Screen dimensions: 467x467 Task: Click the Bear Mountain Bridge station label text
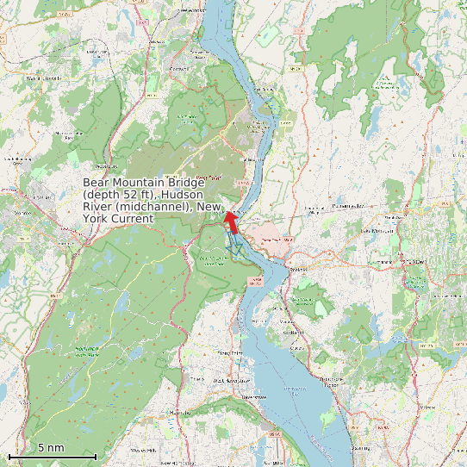tap(153, 201)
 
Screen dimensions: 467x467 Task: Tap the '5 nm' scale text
tap(51, 447)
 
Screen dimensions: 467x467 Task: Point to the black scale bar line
tap(52, 456)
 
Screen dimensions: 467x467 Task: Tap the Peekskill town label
tap(298, 268)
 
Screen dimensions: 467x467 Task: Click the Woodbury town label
tap(103, 166)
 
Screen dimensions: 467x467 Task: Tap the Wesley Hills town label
tap(142, 450)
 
